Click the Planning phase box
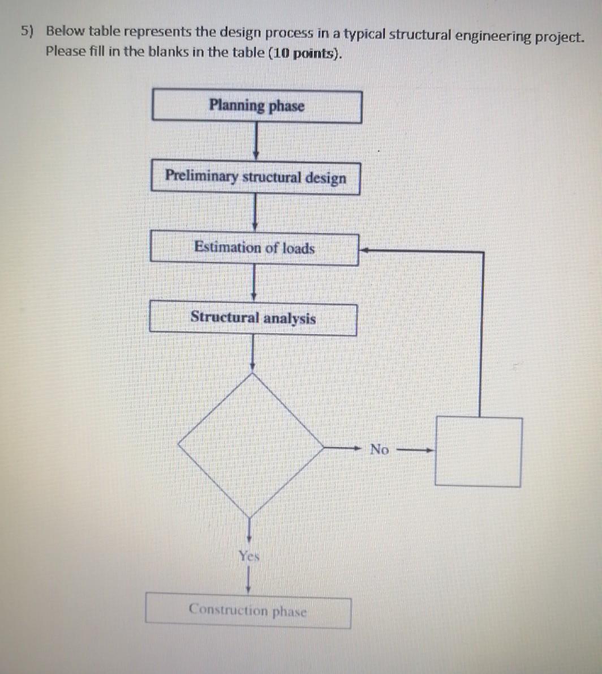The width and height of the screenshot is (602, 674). point(256,106)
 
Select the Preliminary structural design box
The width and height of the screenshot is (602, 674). point(255,178)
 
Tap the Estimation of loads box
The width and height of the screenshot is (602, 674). point(254,249)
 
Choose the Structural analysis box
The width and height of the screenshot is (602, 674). point(253,319)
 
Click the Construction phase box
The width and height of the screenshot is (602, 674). point(248,611)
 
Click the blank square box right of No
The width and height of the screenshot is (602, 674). point(478,451)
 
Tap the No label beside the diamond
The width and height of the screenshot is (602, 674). point(379,450)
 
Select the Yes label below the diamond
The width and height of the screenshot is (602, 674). point(249,556)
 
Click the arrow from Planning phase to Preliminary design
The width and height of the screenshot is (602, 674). point(256,142)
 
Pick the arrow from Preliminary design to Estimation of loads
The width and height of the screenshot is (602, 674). point(255,213)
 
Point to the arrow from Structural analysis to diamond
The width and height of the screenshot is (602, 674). point(252,353)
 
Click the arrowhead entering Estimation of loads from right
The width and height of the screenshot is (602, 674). point(365,250)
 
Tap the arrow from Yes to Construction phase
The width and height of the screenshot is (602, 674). point(248,581)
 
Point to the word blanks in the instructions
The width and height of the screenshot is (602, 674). point(167,52)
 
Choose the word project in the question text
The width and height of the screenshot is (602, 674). point(559,37)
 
